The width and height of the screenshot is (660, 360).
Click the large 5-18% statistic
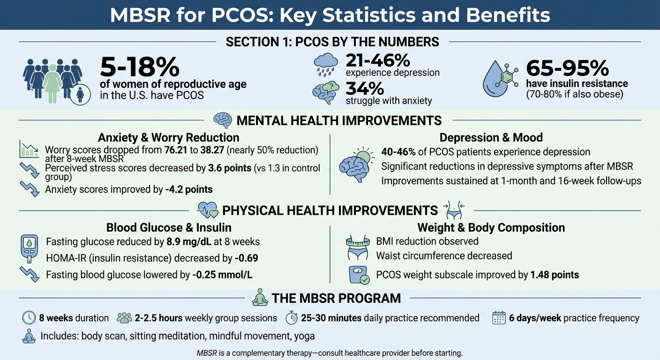tap(140, 67)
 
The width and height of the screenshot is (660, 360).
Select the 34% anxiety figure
tap(365, 88)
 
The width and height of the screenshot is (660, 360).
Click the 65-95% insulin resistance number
tap(567, 68)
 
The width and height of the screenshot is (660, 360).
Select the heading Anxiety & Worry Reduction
tap(168, 137)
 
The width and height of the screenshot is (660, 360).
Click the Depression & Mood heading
tap(491, 137)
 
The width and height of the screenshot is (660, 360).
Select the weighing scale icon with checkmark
tap(359, 275)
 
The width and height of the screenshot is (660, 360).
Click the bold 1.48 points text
tap(555, 275)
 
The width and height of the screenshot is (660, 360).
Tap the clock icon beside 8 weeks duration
tap(29, 318)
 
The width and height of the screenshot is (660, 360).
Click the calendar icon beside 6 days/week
tap(499, 318)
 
